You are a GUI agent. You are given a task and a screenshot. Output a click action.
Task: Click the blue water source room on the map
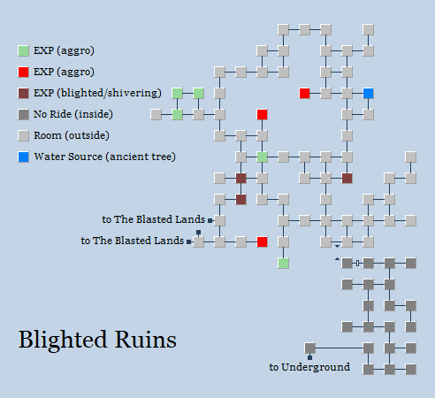368,93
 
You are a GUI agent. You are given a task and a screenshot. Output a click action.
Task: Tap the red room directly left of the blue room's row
304,93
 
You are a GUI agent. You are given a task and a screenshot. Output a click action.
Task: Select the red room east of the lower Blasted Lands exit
262,241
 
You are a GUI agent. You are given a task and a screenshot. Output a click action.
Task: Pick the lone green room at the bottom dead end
283,263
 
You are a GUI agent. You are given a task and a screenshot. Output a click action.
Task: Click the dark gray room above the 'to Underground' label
309,348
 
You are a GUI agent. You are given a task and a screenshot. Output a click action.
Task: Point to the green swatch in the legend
23,50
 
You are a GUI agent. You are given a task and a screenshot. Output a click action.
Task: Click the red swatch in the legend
23,72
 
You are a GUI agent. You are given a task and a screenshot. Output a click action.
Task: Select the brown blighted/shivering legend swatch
23,93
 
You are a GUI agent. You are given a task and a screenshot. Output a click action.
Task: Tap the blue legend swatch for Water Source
23,157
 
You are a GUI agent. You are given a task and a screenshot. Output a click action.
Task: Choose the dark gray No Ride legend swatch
23,114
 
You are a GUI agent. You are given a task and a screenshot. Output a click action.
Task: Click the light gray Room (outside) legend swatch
23,136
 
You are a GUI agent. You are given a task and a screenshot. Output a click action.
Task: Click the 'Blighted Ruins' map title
97,340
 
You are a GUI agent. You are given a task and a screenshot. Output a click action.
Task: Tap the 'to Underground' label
309,367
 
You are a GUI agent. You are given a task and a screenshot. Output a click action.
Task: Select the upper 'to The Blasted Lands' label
153,219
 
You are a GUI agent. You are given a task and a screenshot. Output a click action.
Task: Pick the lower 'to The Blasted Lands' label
133,240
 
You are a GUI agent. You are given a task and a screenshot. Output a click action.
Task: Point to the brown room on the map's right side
347,178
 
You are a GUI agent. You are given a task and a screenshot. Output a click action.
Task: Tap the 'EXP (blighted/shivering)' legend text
97,93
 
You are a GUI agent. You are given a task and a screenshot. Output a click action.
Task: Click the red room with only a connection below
262,114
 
